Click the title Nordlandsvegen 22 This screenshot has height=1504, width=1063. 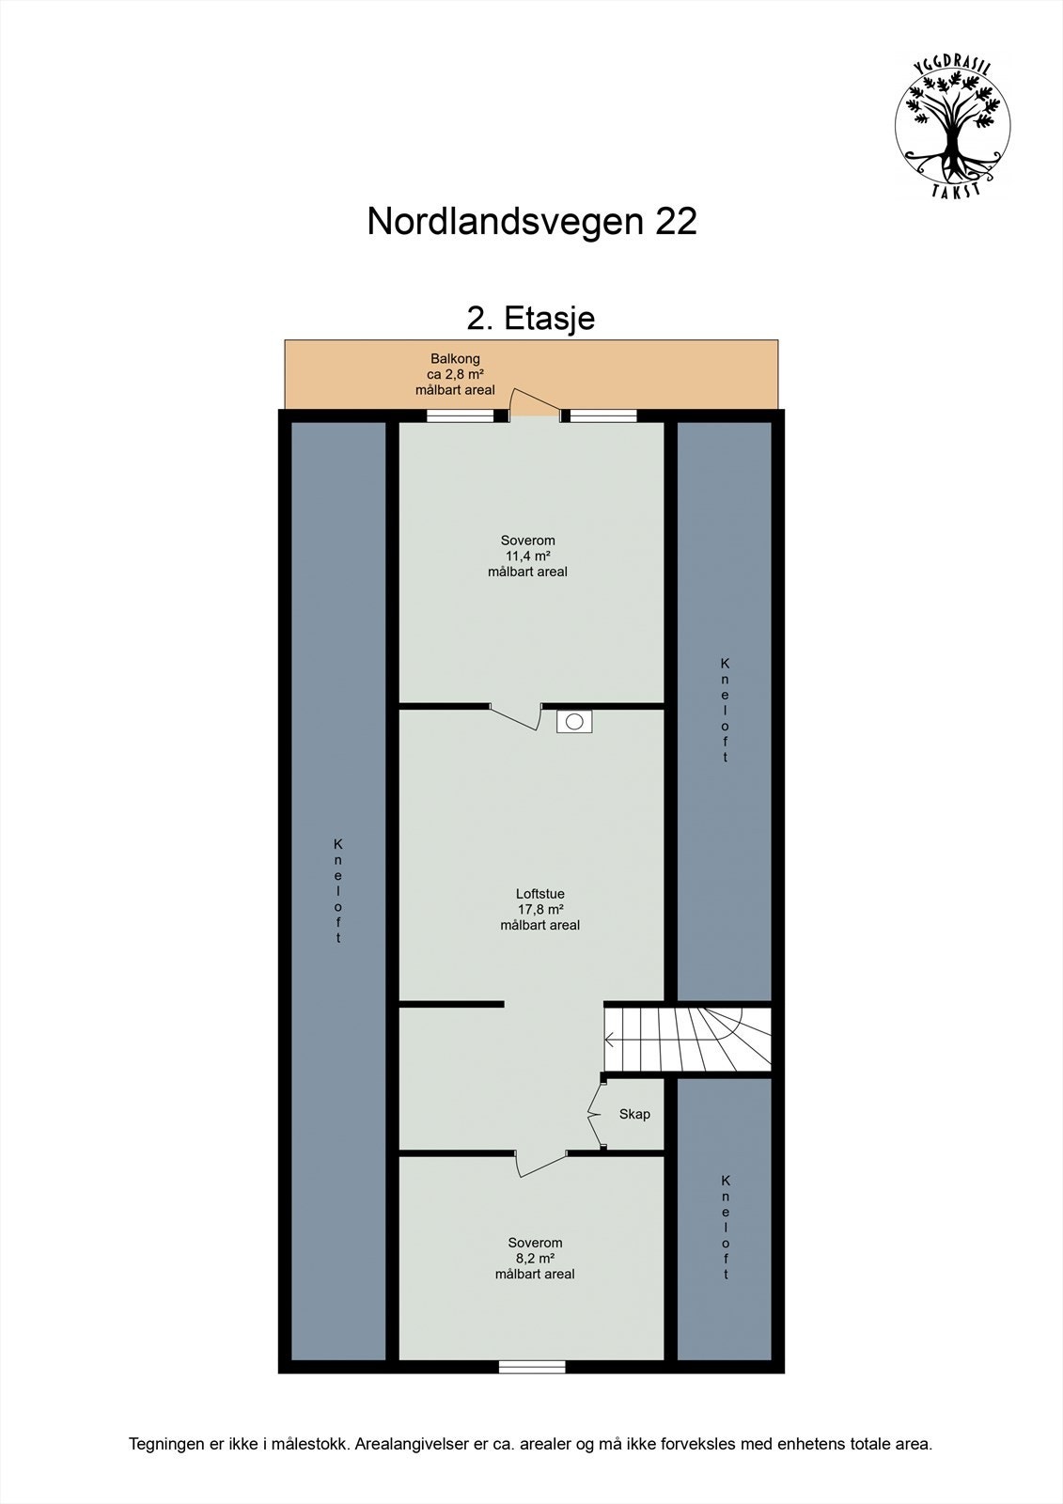click(x=531, y=222)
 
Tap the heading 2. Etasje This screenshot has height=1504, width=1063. click(x=531, y=318)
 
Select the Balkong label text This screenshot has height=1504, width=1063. click(x=455, y=359)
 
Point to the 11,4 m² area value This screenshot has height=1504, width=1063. click(x=526, y=556)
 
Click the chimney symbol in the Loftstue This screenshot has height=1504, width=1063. click(x=573, y=722)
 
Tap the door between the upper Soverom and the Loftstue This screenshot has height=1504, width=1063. click(x=515, y=716)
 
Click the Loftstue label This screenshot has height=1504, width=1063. click(x=539, y=894)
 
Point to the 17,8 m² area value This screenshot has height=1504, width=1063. click(x=539, y=909)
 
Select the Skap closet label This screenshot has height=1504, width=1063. click(x=634, y=1114)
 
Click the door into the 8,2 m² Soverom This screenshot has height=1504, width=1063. click(x=540, y=1163)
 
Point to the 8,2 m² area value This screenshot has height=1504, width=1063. click(x=534, y=1258)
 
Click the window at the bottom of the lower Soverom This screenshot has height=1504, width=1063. click(x=532, y=1367)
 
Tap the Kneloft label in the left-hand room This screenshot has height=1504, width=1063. click(x=338, y=890)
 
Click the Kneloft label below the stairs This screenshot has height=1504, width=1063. click(x=725, y=1227)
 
